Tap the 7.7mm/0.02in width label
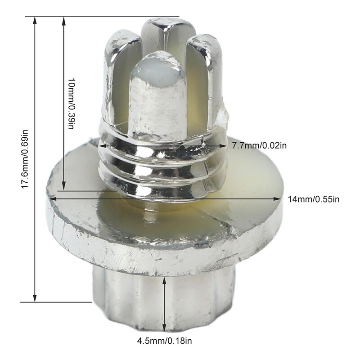[x=259, y=146]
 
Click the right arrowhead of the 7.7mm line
[x=226, y=146]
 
